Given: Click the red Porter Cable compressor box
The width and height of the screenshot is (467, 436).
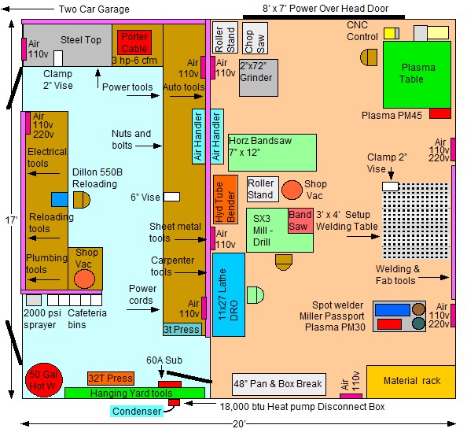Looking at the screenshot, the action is tap(134, 42).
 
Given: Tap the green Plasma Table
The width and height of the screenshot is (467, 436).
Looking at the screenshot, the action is tap(417, 75).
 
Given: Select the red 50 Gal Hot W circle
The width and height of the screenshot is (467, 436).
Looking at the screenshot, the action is tap(44, 380).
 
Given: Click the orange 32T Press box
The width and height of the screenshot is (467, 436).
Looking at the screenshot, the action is tap(111, 379).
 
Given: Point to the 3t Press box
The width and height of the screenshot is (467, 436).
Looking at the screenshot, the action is tap(182, 329).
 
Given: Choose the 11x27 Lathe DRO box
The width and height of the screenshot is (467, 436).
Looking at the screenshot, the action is tap(229, 294).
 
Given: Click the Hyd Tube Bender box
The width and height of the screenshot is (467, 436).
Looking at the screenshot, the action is tap(226, 200).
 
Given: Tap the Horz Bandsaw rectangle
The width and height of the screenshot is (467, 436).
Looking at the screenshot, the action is tap(272, 153).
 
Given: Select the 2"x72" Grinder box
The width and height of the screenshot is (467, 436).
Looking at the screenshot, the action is tap(259, 78).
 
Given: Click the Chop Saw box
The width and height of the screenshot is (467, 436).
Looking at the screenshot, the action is tap(255, 39).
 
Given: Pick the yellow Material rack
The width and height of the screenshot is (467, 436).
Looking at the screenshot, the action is tap(411, 382).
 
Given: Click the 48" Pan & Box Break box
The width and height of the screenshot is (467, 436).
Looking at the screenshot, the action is tap(279, 384).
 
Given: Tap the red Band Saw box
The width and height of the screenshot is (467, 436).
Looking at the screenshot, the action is tap(300, 220).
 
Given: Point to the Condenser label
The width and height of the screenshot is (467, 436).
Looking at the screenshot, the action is tap(137, 412).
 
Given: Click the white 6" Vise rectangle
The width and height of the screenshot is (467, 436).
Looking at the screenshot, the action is tap(172, 197).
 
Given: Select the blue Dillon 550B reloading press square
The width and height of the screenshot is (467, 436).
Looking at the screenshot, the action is tap(60, 200).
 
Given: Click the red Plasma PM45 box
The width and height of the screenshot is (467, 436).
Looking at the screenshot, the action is tap(440, 113).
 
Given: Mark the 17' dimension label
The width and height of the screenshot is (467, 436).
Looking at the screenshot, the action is tap(12, 220).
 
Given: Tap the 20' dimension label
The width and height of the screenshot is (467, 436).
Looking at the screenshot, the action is tap(239, 423).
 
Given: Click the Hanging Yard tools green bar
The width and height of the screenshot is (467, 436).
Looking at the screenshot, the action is tap(134, 393).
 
